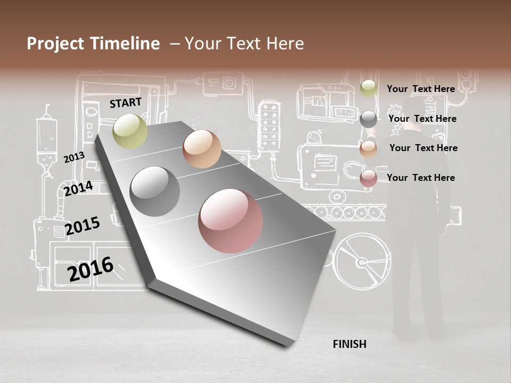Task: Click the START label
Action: (126, 103)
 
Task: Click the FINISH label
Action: (350, 344)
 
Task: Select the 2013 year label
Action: (74, 157)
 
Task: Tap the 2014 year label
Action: (78, 188)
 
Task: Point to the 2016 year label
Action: (90, 269)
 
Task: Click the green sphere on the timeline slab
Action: (130, 130)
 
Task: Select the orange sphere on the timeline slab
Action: (202, 148)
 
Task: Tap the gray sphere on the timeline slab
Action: (154, 191)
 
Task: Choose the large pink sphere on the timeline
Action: (230, 221)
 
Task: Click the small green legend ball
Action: (368, 88)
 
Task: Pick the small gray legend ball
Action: (368, 119)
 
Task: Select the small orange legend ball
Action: (368, 148)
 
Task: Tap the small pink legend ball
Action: (368, 178)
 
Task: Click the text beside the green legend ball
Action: (421, 89)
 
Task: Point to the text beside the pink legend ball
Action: (421, 178)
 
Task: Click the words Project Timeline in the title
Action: (93, 44)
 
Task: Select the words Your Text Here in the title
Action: (244, 44)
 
